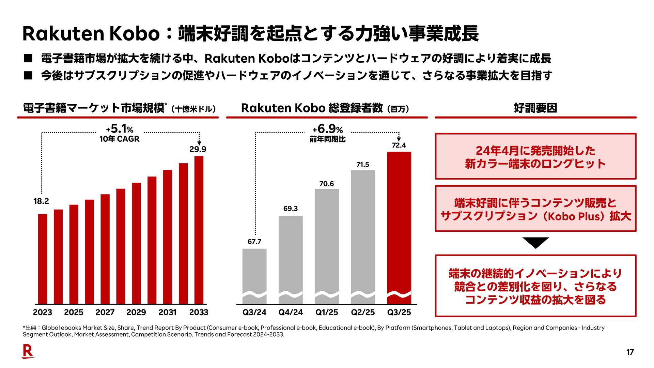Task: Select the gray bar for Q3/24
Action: point(254,273)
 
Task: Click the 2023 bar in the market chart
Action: point(43,259)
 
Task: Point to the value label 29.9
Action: point(198,149)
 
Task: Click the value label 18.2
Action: point(41,201)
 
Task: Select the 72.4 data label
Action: point(399,145)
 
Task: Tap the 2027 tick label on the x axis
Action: point(105,312)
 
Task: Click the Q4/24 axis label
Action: point(291,312)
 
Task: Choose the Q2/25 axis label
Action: point(363,312)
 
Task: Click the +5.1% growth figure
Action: point(120,129)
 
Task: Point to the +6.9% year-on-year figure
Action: point(328,129)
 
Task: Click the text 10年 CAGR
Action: point(120,139)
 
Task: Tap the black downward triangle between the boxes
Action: point(535,242)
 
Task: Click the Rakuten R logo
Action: point(28,351)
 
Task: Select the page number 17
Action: point(630,352)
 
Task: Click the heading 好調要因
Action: point(535,108)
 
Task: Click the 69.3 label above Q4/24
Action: point(291,209)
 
